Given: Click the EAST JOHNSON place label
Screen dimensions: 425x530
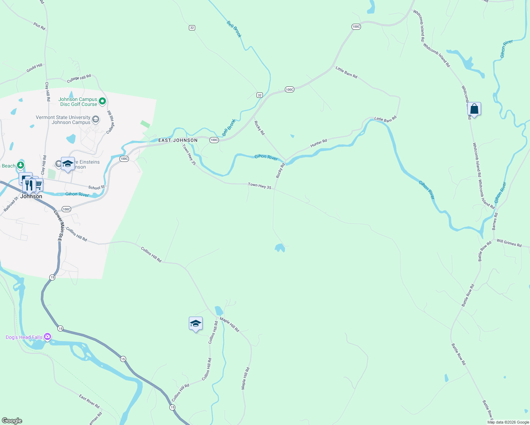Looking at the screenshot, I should click(x=178, y=141).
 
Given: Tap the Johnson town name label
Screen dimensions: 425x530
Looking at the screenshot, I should click(x=31, y=196).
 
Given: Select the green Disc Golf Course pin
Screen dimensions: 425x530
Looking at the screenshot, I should click(x=102, y=102).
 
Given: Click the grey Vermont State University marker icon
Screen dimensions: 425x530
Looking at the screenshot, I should click(x=95, y=119).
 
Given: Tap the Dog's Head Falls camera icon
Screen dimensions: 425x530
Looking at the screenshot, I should click(x=47, y=337).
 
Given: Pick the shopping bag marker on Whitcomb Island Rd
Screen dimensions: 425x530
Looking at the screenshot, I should click(x=474, y=109).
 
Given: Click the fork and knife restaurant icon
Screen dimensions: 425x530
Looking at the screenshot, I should click(x=29, y=185).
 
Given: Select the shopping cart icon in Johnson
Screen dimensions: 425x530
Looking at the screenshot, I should click(x=38, y=185).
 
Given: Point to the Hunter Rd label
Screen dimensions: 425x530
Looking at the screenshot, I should click(x=318, y=143).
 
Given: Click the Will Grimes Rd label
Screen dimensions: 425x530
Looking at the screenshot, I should click(x=509, y=243).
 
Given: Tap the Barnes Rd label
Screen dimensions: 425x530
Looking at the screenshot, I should click(x=495, y=221).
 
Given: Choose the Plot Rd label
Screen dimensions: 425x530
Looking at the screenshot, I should click(x=39, y=26).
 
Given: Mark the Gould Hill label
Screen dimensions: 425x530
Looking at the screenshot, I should click(x=34, y=68).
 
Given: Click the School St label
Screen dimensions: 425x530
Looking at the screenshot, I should click(x=96, y=187).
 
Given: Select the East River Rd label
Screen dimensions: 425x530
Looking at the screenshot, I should click(x=89, y=401).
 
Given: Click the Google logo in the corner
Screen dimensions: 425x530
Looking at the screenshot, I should click(x=12, y=421).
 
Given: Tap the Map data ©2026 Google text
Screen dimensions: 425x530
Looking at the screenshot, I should click(x=508, y=422).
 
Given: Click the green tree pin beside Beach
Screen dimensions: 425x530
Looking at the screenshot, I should click(x=21, y=165).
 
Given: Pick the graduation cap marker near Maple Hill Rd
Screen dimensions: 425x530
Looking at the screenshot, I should click(x=196, y=324).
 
